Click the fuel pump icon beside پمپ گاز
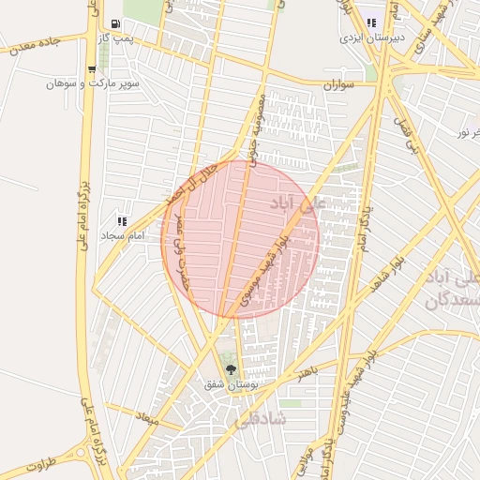click(x=114, y=23)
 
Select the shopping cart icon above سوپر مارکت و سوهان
click(x=91, y=68)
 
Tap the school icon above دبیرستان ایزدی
click(x=371, y=22)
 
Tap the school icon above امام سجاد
click(x=121, y=220)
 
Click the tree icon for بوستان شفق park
click(x=231, y=369)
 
